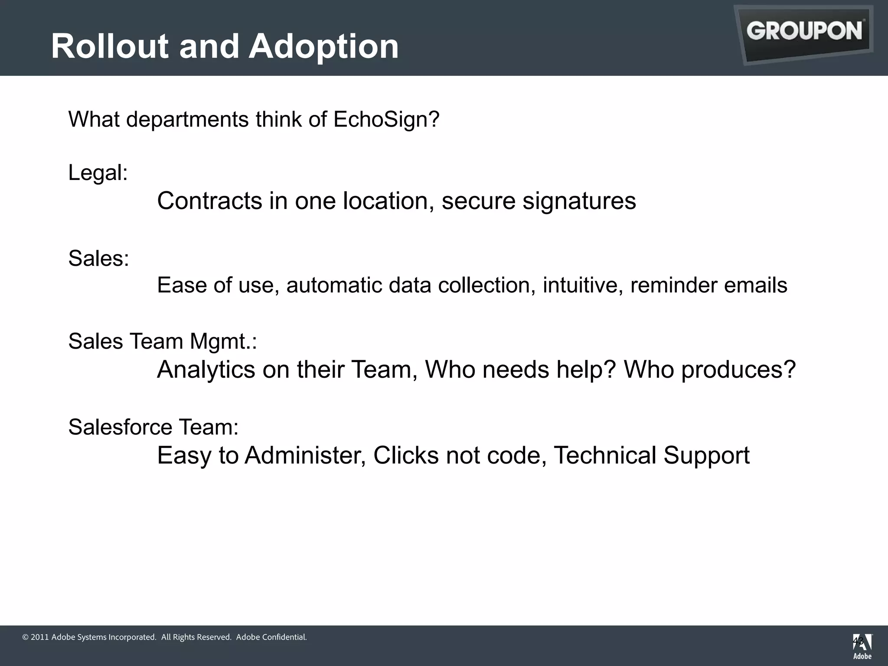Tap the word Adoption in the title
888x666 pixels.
tap(323, 46)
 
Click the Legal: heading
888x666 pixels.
tap(98, 173)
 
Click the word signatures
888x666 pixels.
tap(579, 202)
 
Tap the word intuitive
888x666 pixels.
tap(583, 285)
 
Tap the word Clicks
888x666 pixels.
tap(406, 456)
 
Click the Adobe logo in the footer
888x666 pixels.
tap(862, 646)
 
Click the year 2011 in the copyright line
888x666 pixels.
tap(39, 637)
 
